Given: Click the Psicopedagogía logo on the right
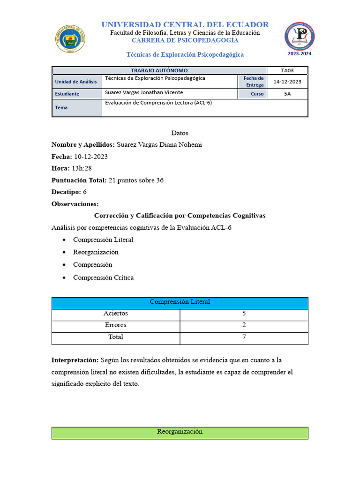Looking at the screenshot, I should [300, 36].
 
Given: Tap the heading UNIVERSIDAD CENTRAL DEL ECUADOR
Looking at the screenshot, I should [185, 24].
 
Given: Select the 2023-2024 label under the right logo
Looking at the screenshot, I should [300, 53].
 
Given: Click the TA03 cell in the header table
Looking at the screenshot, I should [287, 70].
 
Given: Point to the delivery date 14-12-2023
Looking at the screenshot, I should [287, 82].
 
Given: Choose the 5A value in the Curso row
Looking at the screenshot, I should [287, 94].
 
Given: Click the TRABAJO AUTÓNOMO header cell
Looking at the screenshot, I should [159, 70].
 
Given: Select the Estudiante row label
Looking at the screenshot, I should [67, 94].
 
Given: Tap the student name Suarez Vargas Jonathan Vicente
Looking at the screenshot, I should [144, 92].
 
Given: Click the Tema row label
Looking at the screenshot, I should [61, 107].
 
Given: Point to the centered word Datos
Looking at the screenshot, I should [180, 133].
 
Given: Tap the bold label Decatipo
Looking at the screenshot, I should [66, 192].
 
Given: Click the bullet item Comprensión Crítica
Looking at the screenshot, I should [103, 277].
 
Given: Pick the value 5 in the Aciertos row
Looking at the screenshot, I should [244, 313].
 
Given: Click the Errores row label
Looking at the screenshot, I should [115, 325].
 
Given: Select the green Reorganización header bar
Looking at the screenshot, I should [180, 432].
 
